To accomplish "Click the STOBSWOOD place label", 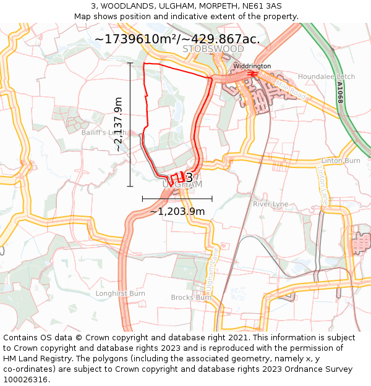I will (213, 49).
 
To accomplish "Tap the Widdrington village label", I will (252, 66).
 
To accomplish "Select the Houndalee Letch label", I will (326, 77).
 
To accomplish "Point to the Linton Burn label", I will (340, 161).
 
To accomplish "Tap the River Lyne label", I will (270, 204).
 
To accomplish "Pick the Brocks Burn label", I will (191, 297).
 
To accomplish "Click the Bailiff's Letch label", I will (103, 132).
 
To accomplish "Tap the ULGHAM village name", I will (182, 184).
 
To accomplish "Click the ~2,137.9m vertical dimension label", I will (118, 124).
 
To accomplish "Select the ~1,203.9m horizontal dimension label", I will (177, 211).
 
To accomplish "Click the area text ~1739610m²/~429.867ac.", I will (177, 38).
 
